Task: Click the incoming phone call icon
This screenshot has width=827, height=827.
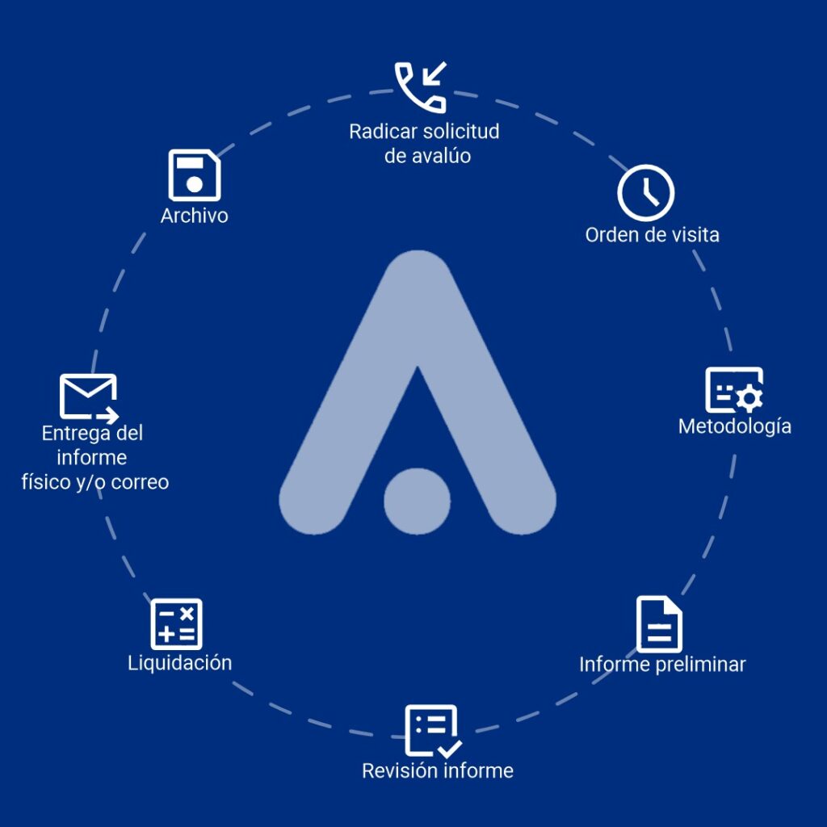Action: click(x=420, y=86)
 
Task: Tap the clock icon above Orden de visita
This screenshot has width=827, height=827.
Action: click(x=645, y=193)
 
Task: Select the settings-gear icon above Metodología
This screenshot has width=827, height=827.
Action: click(x=734, y=391)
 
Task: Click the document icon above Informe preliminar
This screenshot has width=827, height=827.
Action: click(x=659, y=623)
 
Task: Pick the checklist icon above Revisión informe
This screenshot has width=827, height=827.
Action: click(x=433, y=730)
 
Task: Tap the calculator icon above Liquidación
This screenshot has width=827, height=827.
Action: click(x=176, y=624)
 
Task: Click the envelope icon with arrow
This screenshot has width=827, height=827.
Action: click(x=89, y=397)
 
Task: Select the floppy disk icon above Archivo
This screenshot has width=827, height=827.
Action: click(x=194, y=175)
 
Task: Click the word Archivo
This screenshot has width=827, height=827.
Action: click(x=194, y=216)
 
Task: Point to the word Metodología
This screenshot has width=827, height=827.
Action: click(x=734, y=426)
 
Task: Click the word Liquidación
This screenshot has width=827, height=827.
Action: click(x=179, y=662)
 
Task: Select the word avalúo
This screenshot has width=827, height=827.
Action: click(x=441, y=155)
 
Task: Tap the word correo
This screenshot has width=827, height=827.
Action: click(x=141, y=482)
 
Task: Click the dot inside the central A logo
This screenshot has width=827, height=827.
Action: click(x=417, y=501)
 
